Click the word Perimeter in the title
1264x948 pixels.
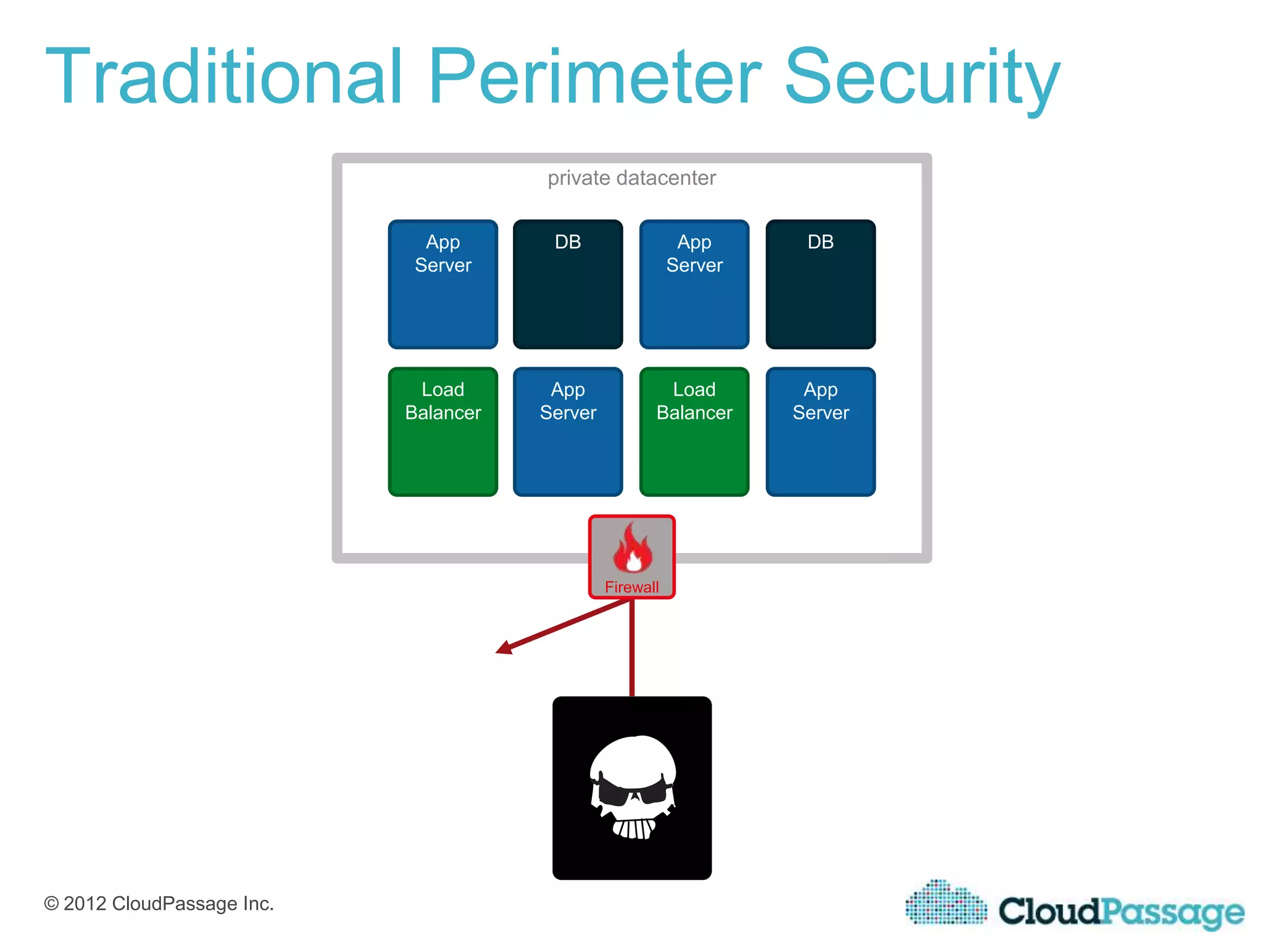[595, 77]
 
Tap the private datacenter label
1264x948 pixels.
[631, 178]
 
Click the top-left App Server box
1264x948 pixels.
[443, 284]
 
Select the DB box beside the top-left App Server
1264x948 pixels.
[568, 284]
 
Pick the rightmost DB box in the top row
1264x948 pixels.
[820, 284]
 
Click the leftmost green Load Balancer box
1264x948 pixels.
[443, 431]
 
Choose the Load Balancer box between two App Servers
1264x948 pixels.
[694, 431]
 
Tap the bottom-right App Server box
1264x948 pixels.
[820, 431]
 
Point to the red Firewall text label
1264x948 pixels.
[631, 587]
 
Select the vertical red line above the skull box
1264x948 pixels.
[631, 648]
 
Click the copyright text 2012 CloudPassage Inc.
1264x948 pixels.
[159, 904]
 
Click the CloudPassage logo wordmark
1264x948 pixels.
[1121, 911]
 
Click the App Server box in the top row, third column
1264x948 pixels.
[694, 284]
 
